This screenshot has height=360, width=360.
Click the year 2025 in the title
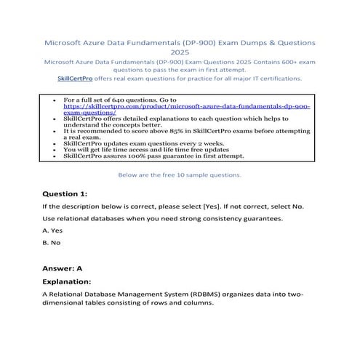point(180,52)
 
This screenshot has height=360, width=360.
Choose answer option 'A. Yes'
point(53,231)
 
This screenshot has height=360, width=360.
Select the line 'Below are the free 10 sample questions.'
point(179,175)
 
